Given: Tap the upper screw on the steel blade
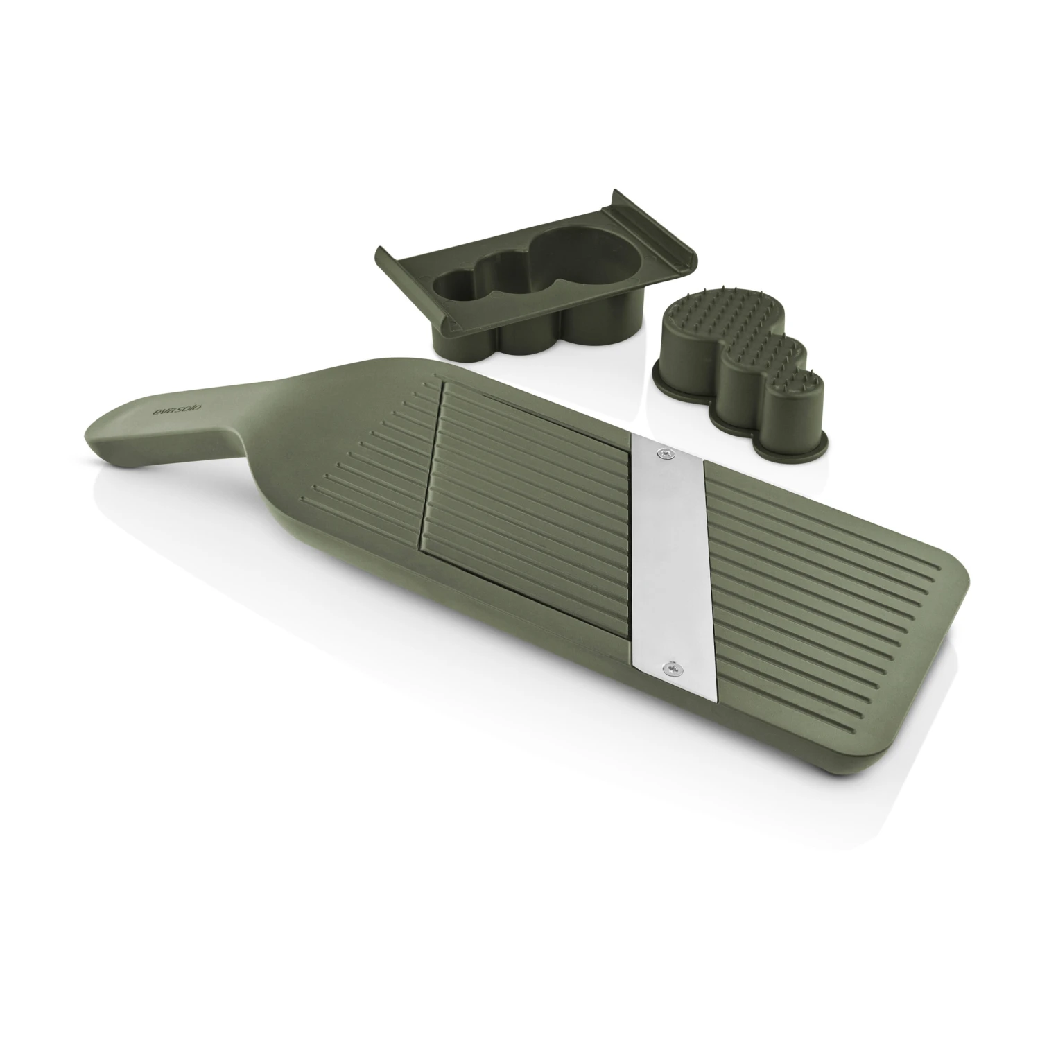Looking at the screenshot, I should point(667,452).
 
